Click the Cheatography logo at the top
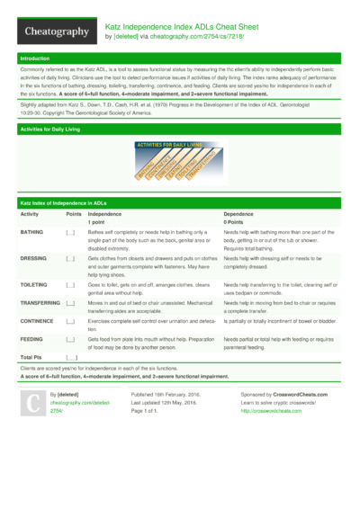coord(56,32)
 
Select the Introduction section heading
coord(35,58)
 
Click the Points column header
coord(74,214)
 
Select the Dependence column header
coord(238,214)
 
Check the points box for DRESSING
coord(70,258)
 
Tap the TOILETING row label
coord(35,282)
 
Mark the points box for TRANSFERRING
coord(70,303)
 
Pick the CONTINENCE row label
coord(38,320)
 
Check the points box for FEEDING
coord(70,339)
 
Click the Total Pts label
coord(33,358)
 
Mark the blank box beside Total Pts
coord(71,358)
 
